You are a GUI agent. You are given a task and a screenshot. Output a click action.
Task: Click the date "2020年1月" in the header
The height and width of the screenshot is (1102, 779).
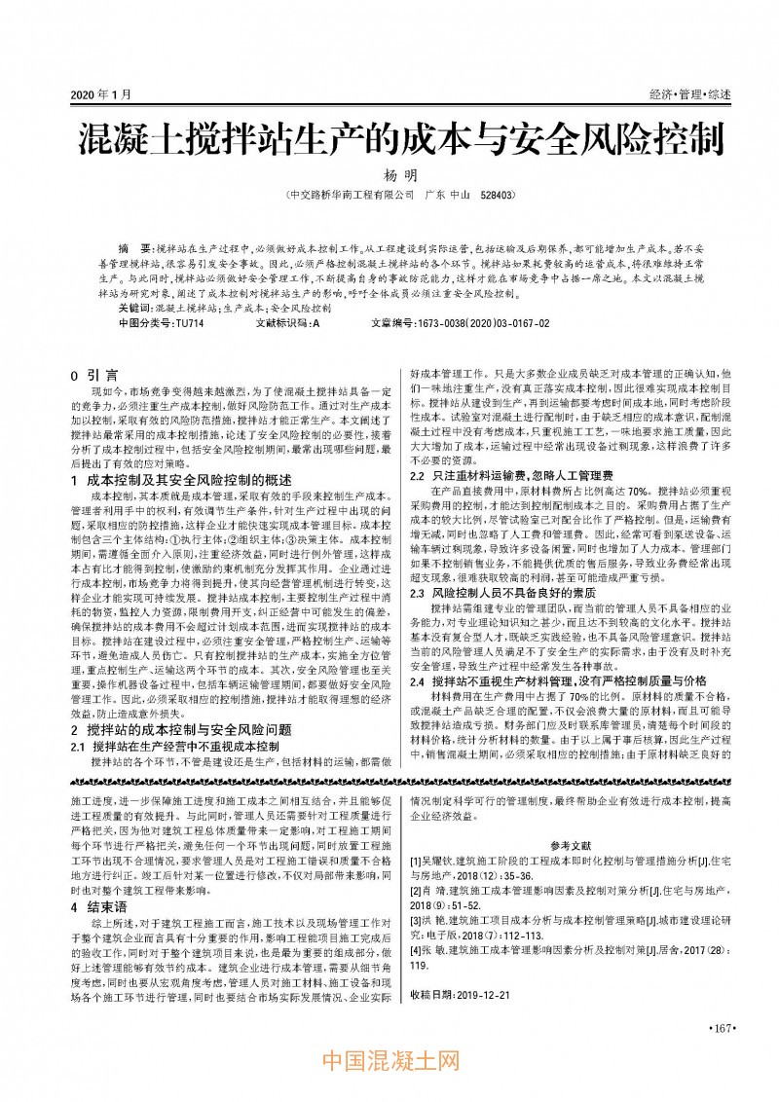100,93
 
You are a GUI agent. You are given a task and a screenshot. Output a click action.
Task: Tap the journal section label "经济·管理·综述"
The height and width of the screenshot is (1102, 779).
689,93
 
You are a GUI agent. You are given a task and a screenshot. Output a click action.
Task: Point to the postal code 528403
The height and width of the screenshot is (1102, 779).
497,195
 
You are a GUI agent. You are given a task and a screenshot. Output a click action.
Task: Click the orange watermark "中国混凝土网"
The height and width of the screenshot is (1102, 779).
389,1063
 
